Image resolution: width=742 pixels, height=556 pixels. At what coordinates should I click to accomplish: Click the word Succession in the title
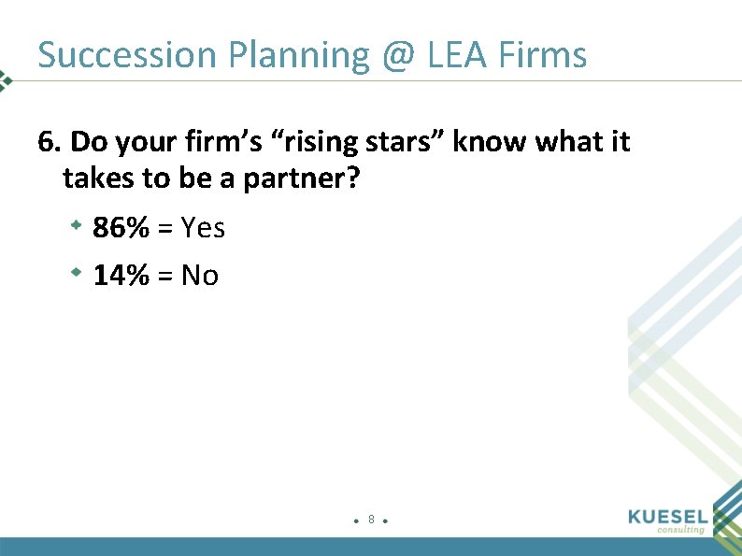coord(127,55)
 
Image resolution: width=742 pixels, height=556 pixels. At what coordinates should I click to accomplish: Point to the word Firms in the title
coord(543,55)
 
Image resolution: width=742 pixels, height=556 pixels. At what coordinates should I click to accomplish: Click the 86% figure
coord(121,227)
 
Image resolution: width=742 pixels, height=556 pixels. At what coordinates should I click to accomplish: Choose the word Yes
coord(204,227)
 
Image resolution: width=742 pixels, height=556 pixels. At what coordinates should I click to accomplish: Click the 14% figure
coord(121,276)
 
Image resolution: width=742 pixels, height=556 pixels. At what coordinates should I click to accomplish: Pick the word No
coord(200,276)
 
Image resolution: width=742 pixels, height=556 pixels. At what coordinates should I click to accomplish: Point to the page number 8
coord(371,519)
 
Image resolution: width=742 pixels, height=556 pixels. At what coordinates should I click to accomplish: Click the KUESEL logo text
coord(670,517)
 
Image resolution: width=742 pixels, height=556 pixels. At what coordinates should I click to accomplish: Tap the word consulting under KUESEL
coord(680,530)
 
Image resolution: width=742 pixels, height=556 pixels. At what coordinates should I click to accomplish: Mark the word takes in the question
coord(96,178)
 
